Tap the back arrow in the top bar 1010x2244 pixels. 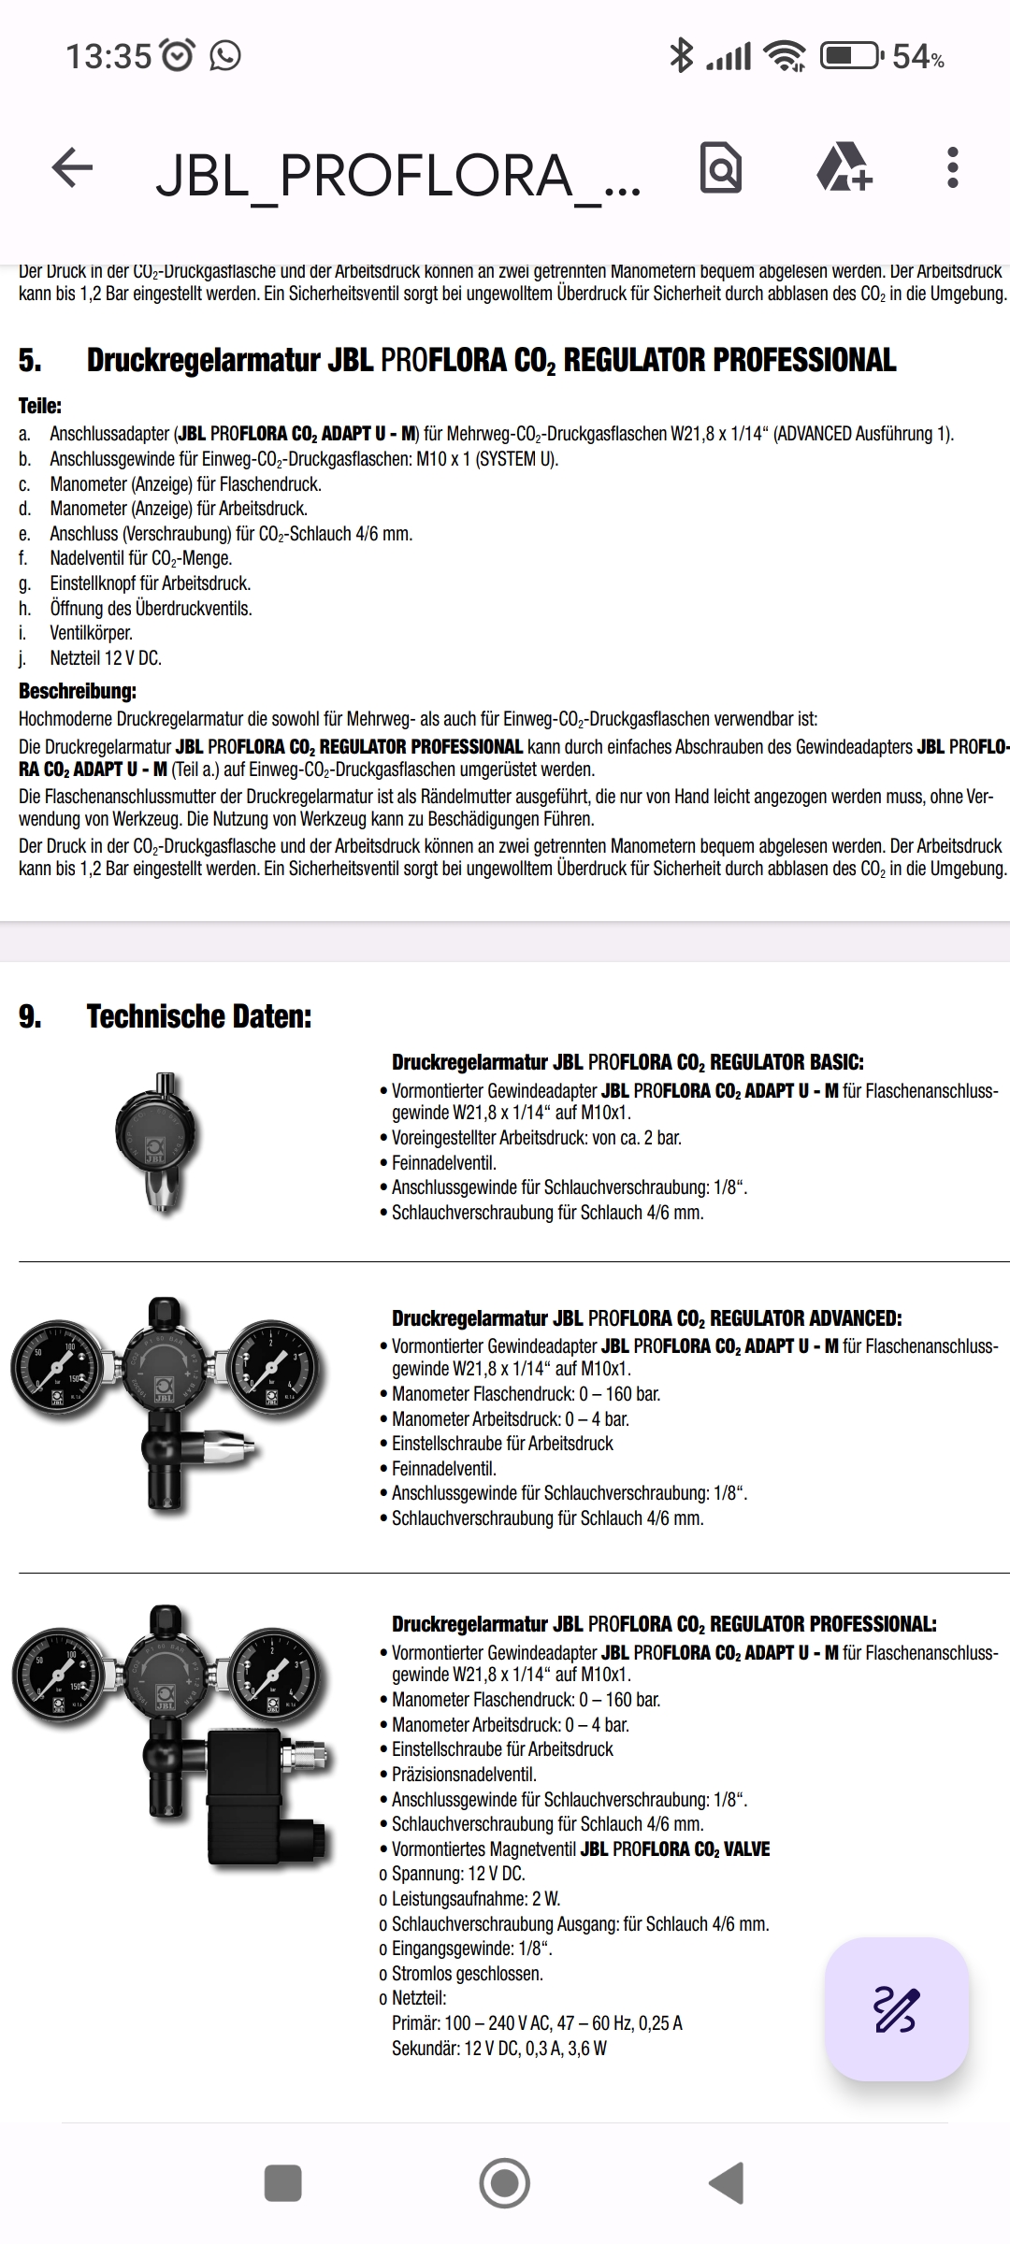pos(72,169)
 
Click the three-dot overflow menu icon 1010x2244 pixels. pos(952,168)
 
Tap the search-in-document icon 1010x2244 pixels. pos(720,168)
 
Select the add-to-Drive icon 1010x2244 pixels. pos(844,168)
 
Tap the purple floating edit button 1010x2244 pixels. pos(896,2009)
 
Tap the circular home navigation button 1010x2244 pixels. pos(504,2182)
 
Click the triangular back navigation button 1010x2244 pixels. pos(727,2182)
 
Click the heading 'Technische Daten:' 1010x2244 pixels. pos(198,1016)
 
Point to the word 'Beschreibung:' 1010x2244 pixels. pos(78,692)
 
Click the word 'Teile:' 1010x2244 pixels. pos(40,406)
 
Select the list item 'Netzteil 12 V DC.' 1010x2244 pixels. pos(106,658)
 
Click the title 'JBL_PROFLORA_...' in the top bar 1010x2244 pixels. pos(398,175)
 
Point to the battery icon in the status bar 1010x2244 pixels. pos(849,56)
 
